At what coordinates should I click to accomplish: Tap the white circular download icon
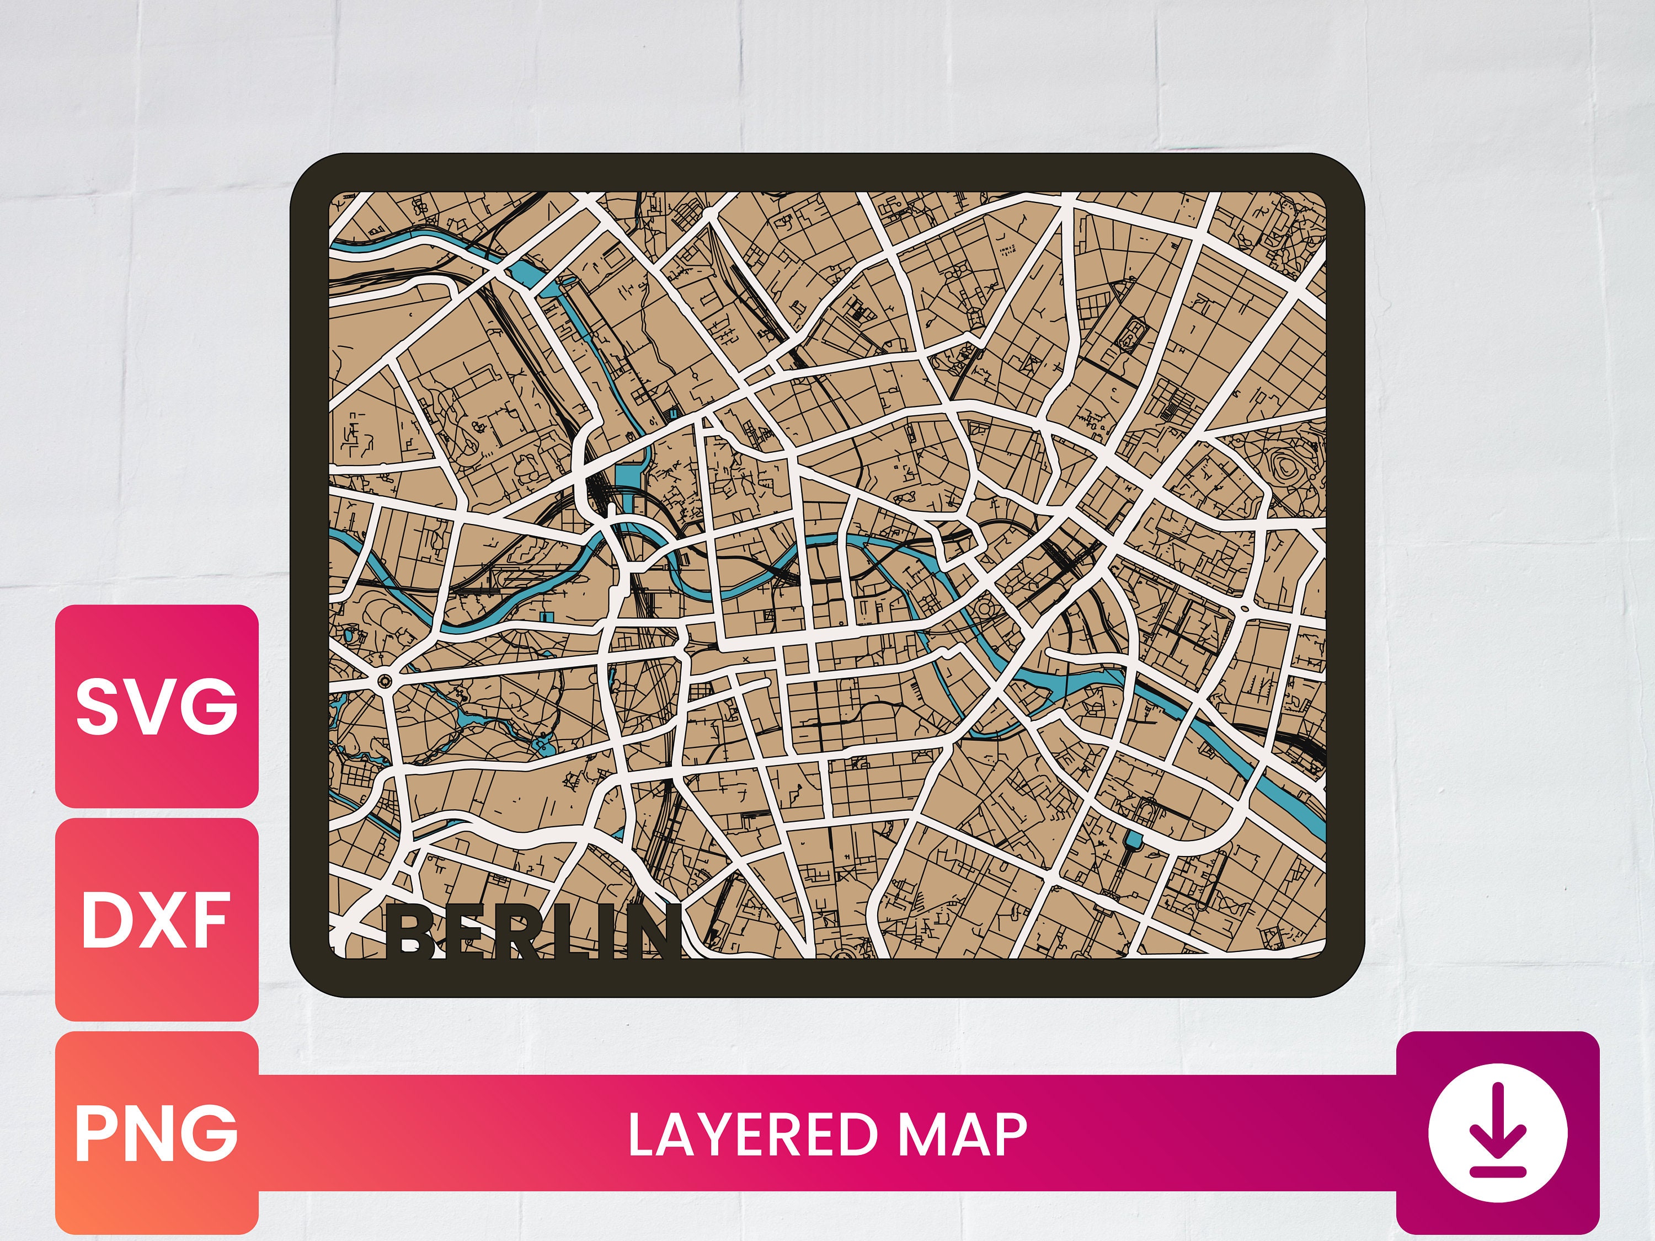coord(1497,1132)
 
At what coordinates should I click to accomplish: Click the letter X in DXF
coord(161,920)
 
